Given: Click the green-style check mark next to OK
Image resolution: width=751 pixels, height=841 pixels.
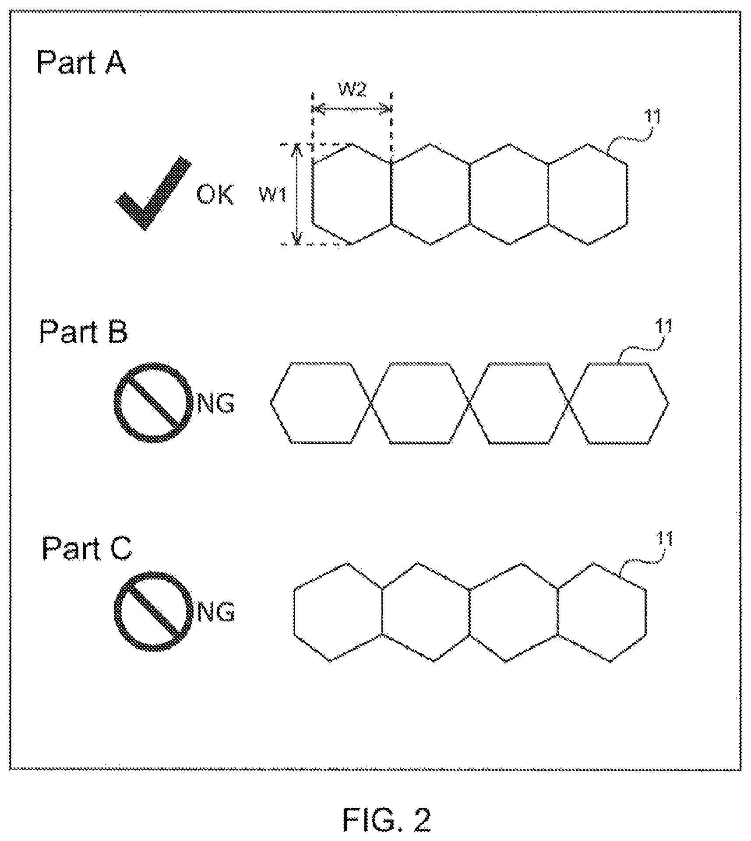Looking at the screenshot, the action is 153,193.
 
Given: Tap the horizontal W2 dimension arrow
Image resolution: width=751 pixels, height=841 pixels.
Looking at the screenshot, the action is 352,109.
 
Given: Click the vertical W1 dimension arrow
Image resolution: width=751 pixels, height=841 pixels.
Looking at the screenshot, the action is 297,194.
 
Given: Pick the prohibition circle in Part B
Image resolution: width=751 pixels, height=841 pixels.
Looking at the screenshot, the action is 153,402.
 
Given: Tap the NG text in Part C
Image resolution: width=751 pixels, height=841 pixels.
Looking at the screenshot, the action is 216,612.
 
